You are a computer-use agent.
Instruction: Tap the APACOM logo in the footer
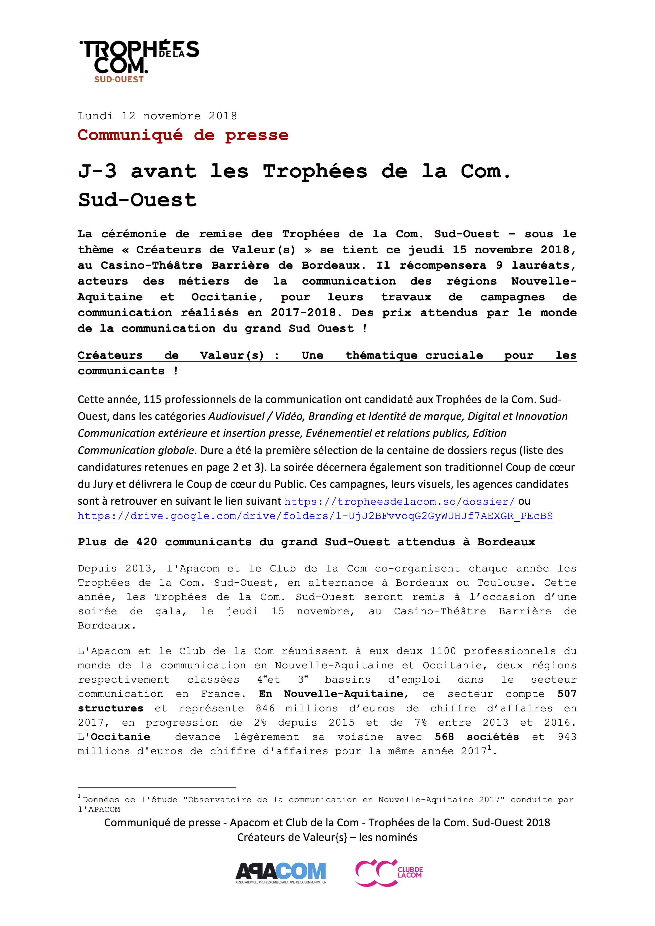pos(281,872)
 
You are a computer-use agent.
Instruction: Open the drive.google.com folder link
pos(315,516)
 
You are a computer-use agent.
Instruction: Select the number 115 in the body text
pos(152,400)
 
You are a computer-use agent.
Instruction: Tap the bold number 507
pos(566,694)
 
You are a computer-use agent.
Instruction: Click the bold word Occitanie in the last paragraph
pos(120,737)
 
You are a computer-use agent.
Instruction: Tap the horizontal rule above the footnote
pos(157,788)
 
